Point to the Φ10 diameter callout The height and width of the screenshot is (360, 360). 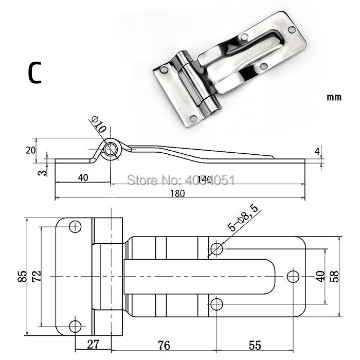pos(98,125)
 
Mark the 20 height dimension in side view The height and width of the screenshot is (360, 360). pos(30,150)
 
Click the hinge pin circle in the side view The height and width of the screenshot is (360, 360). pos(111,150)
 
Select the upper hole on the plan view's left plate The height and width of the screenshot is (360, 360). pos(76,226)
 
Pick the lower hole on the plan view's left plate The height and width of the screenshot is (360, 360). pos(75,326)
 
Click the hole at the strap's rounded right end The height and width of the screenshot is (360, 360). pos(293,276)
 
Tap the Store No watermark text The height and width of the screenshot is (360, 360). pos(181,180)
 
